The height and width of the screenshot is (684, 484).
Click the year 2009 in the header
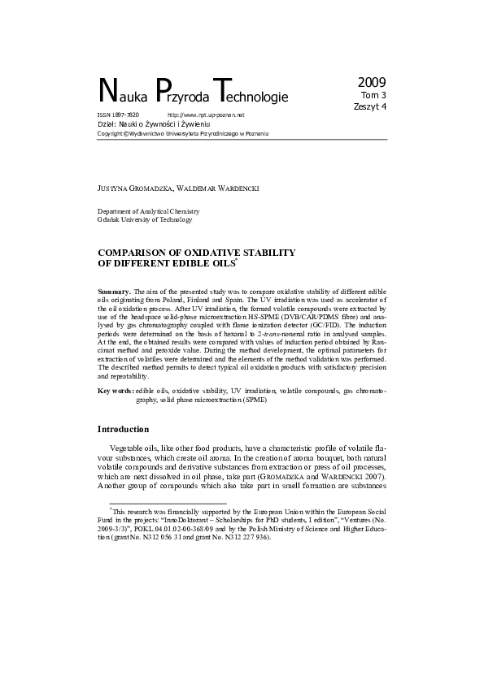click(x=371, y=82)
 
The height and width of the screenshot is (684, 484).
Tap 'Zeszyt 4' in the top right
click(x=370, y=106)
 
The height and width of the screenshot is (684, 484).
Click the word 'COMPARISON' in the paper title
click(x=135, y=253)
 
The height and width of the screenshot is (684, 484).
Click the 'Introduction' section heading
click(x=123, y=429)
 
